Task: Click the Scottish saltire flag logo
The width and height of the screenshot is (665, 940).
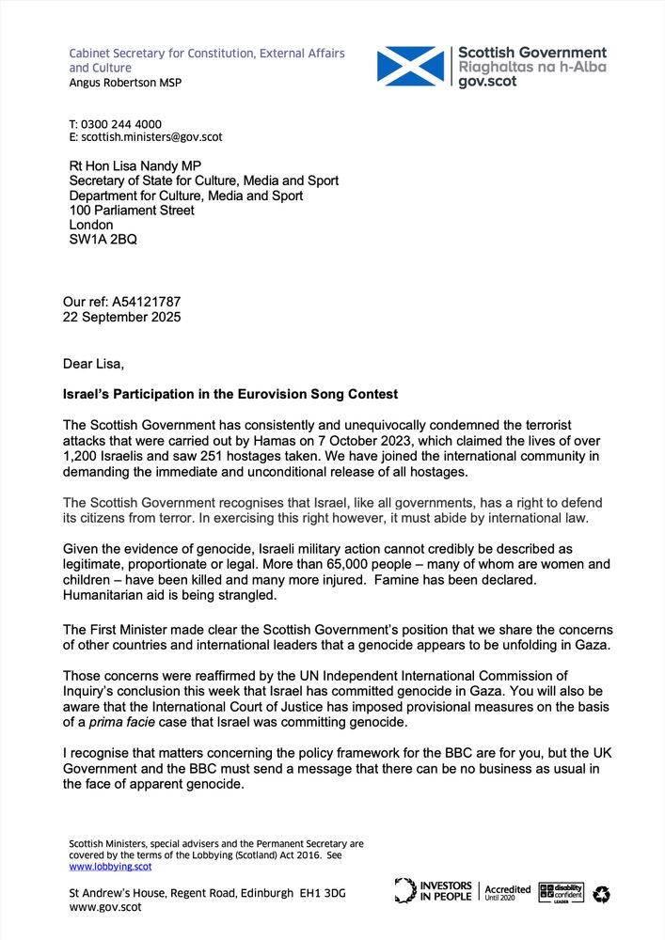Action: [410, 67]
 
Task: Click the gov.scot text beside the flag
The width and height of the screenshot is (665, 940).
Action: [488, 81]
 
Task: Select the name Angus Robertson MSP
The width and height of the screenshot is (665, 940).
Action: [125, 83]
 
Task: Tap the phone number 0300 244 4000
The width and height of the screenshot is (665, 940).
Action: [121, 124]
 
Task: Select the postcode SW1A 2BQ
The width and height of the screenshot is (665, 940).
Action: [103, 240]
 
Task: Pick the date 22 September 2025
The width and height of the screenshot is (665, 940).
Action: [121, 317]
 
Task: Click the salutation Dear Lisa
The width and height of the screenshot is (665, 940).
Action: [93, 364]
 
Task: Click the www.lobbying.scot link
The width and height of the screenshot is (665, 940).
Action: [110, 867]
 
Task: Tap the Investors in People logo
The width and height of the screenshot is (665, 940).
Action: [434, 890]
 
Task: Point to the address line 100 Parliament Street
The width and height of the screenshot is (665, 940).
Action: [132, 211]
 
